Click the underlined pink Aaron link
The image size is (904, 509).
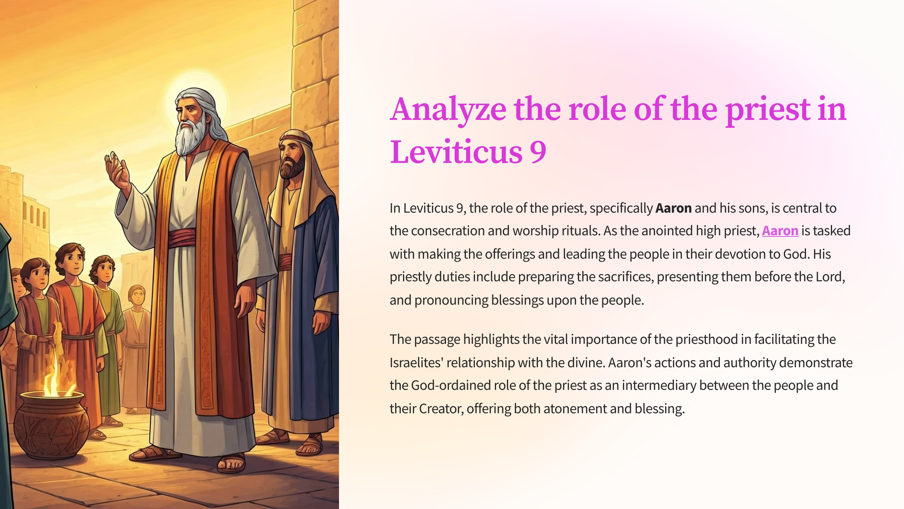tap(780, 231)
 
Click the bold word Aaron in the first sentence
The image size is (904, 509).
tap(674, 208)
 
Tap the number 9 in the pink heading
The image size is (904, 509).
tap(538, 152)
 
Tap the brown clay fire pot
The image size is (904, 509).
tap(51, 424)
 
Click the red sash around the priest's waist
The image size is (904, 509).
tap(181, 238)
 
